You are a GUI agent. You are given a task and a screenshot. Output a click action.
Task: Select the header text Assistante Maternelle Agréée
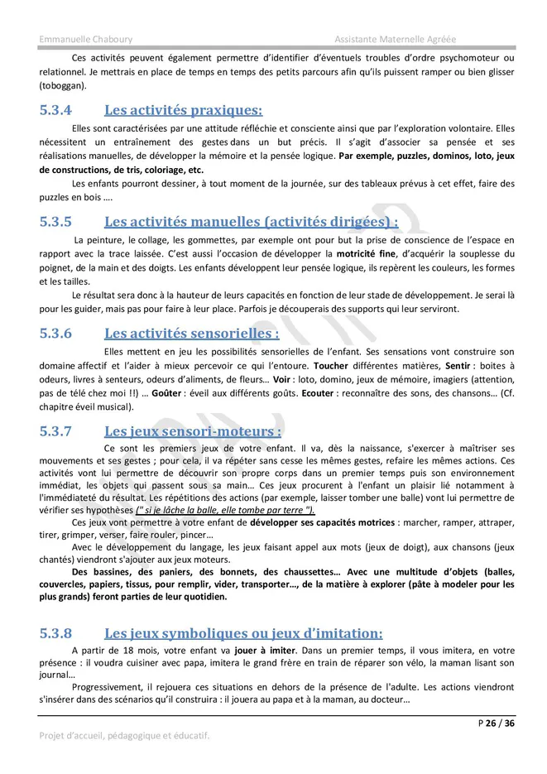[x=395, y=39]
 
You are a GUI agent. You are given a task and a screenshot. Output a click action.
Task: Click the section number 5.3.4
[x=55, y=110]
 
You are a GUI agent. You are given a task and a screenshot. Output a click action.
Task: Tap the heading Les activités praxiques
[x=183, y=110]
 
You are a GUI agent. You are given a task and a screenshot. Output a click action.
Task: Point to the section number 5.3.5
[x=55, y=222]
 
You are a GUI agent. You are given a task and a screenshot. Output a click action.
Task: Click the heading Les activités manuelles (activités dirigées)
[x=251, y=222]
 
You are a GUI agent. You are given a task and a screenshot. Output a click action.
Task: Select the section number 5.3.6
[x=55, y=334]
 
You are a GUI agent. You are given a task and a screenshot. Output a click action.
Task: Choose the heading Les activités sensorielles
[x=191, y=334]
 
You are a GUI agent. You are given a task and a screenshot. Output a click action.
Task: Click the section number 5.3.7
[x=55, y=431]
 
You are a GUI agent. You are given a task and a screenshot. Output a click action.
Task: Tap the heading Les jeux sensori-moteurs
[x=193, y=431]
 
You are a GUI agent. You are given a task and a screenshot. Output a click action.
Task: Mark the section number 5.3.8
[x=55, y=633]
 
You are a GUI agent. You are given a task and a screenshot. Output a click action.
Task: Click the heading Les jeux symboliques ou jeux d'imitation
[x=243, y=633]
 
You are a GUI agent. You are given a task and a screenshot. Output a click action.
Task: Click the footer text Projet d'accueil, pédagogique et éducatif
[x=124, y=735]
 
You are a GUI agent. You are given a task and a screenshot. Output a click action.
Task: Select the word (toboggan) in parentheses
[x=62, y=85]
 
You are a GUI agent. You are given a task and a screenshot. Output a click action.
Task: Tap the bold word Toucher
[x=331, y=365]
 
